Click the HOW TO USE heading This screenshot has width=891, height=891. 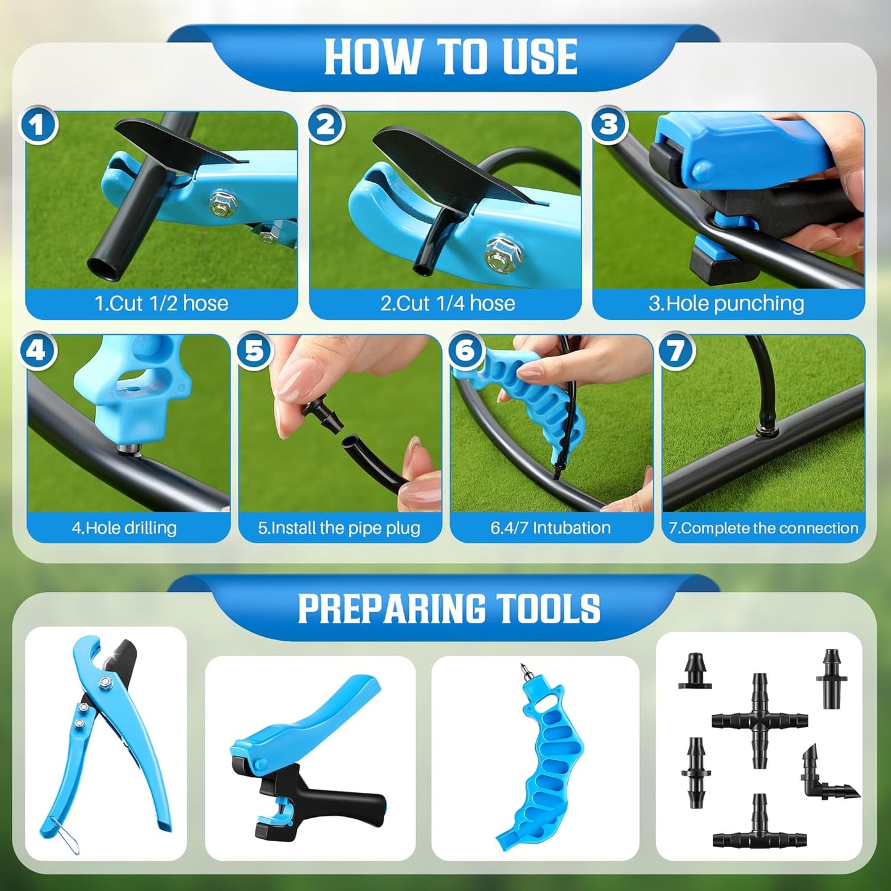coord(450,57)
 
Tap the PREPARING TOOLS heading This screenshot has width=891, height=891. coord(449,609)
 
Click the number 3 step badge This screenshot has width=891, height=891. coord(609,125)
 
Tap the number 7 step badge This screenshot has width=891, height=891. coord(676,351)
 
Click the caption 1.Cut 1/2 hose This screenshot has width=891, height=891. coord(161,303)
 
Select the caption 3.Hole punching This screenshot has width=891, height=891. coord(726,303)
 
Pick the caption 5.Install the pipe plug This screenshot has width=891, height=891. coord(339,528)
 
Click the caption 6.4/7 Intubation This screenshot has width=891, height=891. coord(551,528)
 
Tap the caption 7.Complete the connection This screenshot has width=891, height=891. coord(763,528)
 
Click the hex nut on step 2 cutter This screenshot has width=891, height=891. coord(503,253)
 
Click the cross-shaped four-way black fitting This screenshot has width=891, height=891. coord(759,720)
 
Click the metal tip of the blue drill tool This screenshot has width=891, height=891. coord(525,671)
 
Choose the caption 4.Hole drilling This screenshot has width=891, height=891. coord(124,528)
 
